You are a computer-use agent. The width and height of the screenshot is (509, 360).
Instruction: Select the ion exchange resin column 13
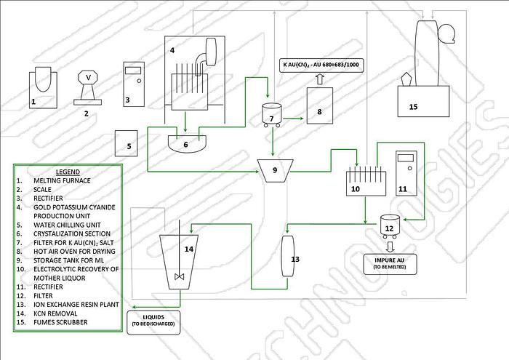pyautogui.click(x=286, y=255)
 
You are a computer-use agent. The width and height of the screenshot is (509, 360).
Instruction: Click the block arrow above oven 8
pyautogui.click(x=318, y=79)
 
